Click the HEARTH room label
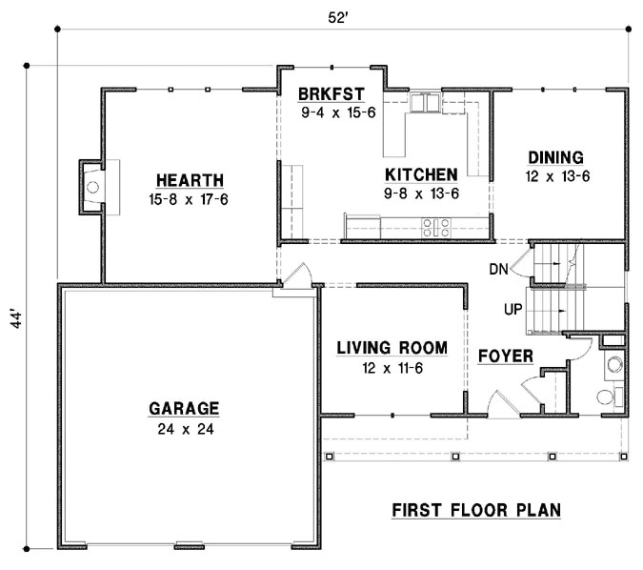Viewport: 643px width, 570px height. (191, 179)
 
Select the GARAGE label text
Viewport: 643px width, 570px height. (184, 408)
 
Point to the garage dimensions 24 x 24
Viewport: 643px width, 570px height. (184, 429)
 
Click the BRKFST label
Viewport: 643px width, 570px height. (331, 95)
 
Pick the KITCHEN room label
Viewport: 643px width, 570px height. (420, 174)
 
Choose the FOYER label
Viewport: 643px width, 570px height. (505, 356)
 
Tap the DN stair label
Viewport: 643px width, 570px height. (498, 270)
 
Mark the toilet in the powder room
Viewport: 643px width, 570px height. (608, 397)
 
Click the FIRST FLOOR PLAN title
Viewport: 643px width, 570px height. (475, 510)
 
